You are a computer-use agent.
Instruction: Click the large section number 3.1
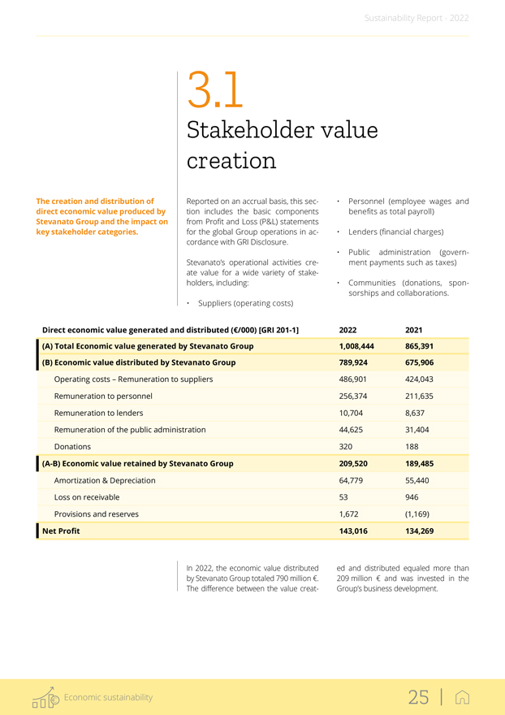pyautogui.click(x=214, y=91)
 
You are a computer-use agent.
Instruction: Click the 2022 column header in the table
pyautogui.click(x=347, y=330)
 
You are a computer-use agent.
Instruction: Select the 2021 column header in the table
pyautogui.click(x=413, y=330)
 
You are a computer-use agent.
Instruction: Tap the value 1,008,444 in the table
pyautogui.click(x=356, y=346)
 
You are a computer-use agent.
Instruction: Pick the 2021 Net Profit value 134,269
pyautogui.click(x=422, y=531)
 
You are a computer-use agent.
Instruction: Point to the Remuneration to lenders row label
pyautogui.click(x=100, y=413)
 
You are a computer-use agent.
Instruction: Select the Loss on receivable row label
pyautogui.click(x=86, y=497)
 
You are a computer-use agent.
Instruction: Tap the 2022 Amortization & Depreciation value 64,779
pyautogui.click(x=352, y=480)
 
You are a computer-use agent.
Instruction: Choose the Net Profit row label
pyautogui.click(x=61, y=531)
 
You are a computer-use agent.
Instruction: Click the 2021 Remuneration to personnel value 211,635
pyautogui.click(x=421, y=396)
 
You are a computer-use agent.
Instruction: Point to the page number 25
pyautogui.click(x=418, y=697)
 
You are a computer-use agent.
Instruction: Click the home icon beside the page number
pyautogui.click(x=464, y=697)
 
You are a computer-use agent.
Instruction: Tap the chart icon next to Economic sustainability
pyautogui.click(x=45, y=697)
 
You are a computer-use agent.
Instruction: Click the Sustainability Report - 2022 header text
pyautogui.click(x=417, y=17)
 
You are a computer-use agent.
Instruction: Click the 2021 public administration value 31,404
pyautogui.click(x=418, y=430)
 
